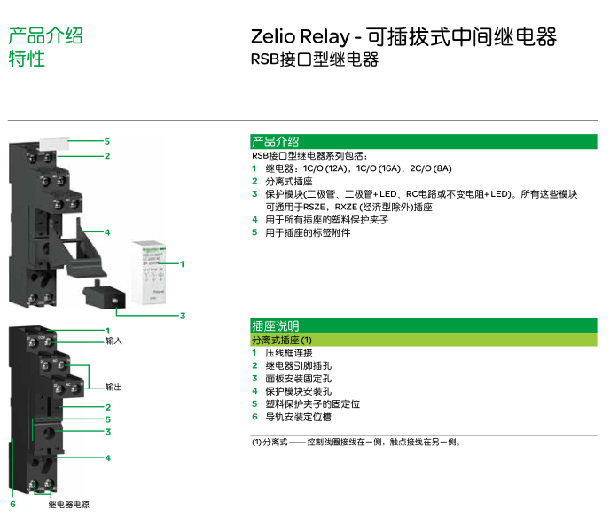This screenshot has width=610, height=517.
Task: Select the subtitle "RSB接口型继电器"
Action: pos(315,60)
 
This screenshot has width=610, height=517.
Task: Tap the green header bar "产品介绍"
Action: pos(424,142)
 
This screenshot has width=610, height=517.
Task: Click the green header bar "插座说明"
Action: pos(424,326)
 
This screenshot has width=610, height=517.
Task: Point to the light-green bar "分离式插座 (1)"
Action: pos(424,341)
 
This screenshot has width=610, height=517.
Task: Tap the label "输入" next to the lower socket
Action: pos(113,341)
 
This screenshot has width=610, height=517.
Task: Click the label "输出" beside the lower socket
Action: pos(113,387)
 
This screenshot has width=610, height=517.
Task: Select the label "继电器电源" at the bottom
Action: pos(68,504)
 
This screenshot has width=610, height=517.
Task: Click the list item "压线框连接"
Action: pos(288,353)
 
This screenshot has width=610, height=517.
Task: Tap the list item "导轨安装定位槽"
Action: pos(298,417)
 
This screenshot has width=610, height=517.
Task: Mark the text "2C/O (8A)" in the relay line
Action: pos(431,168)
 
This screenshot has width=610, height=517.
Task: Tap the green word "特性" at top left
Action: pos(27,59)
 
